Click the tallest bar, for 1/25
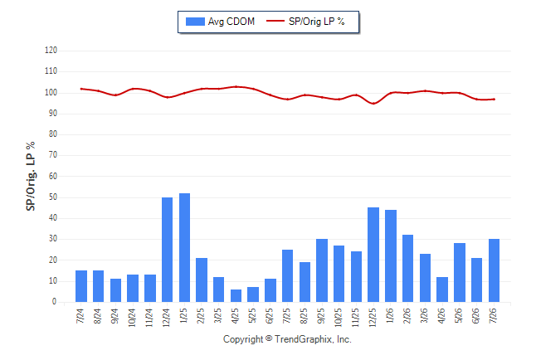click(184, 247)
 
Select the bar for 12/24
click(167, 250)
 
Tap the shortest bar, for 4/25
click(236, 296)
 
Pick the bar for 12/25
click(373, 255)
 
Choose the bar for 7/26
click(494, 270)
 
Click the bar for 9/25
click(322, 270)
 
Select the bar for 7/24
click(81, 286)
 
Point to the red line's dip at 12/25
click(373, 103)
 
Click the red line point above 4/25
click(236, 86)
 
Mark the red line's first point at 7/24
click(81, 89)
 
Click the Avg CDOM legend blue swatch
click(195, 22)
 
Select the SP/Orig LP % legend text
click(317, 22)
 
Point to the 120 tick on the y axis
click(51, 51)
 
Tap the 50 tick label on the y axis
click(53, 197)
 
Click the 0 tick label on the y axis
click(55, 302)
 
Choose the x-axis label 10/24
click(132, 317)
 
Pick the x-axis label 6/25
click(270, 315)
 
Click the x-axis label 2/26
click(407, 315)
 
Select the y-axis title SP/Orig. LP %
click(31, 176)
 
